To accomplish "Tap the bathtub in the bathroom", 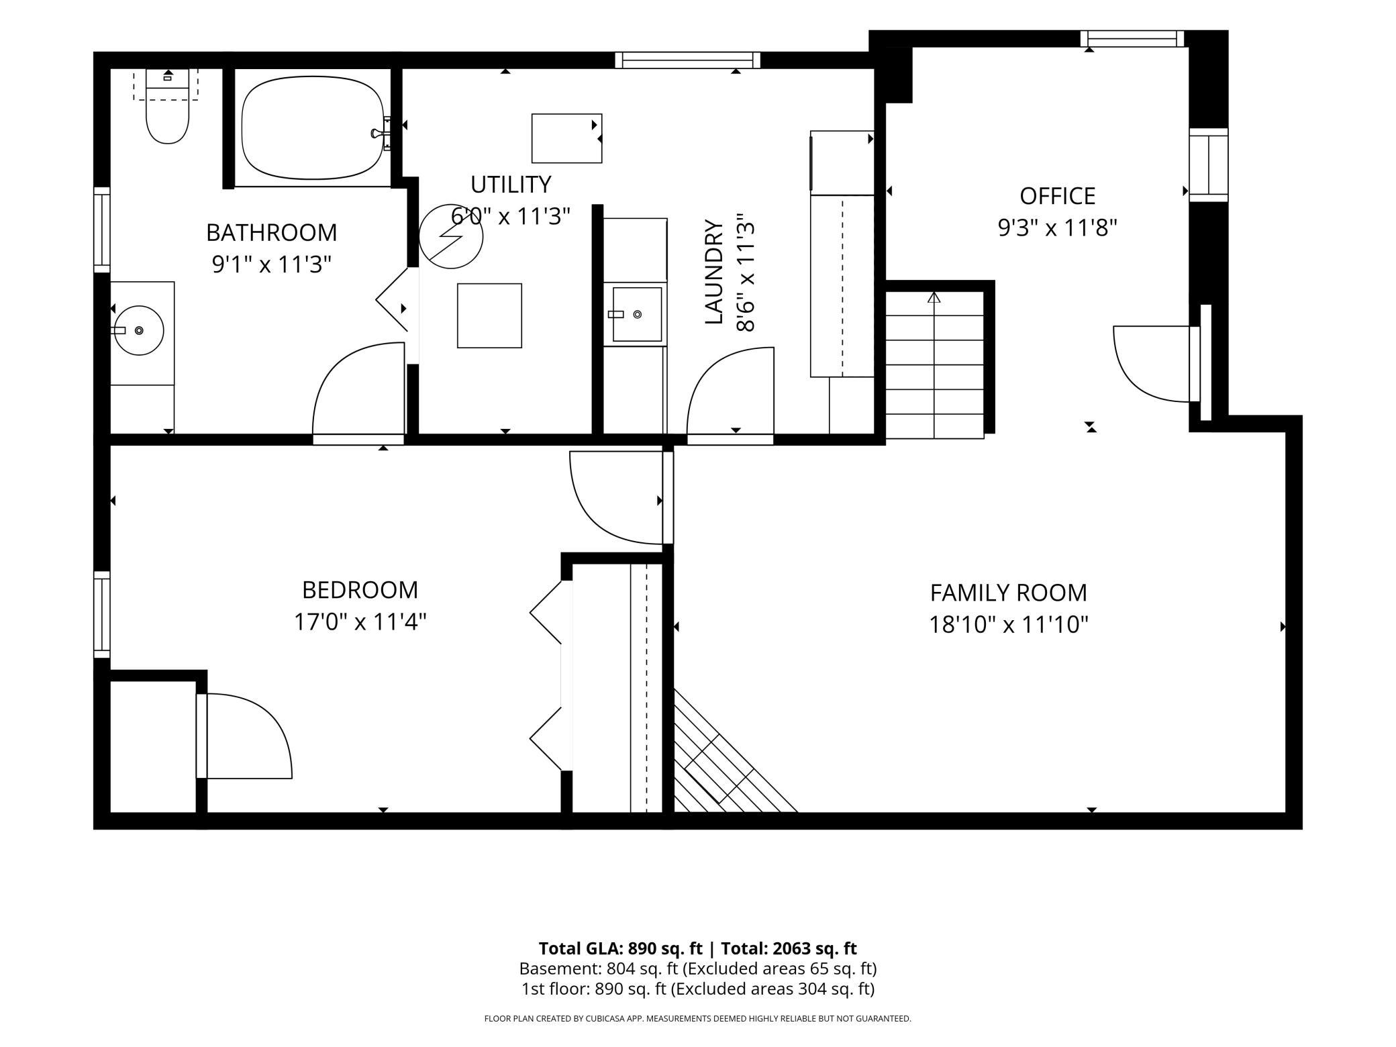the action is [313, 128].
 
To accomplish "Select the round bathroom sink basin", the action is [139, 330].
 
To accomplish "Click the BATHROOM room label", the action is [271, 232].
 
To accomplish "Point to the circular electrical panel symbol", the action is [451, 237].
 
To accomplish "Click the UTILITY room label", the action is [511, 184].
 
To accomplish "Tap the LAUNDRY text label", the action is [714, 272].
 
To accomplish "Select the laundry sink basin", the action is [637, 314].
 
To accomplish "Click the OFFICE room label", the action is [1057, 196].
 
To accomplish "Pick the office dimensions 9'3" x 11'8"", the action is [1057, 228].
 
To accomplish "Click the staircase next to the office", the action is [934, 364].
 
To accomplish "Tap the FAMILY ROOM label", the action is [1008, 593].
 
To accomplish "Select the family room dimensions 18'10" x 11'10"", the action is [1008, 625].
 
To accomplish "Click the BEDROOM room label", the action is [360, 590].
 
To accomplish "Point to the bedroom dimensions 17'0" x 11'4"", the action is [360, 622].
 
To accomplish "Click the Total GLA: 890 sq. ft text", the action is [620, 948].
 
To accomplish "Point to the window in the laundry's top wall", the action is [688, 60].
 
